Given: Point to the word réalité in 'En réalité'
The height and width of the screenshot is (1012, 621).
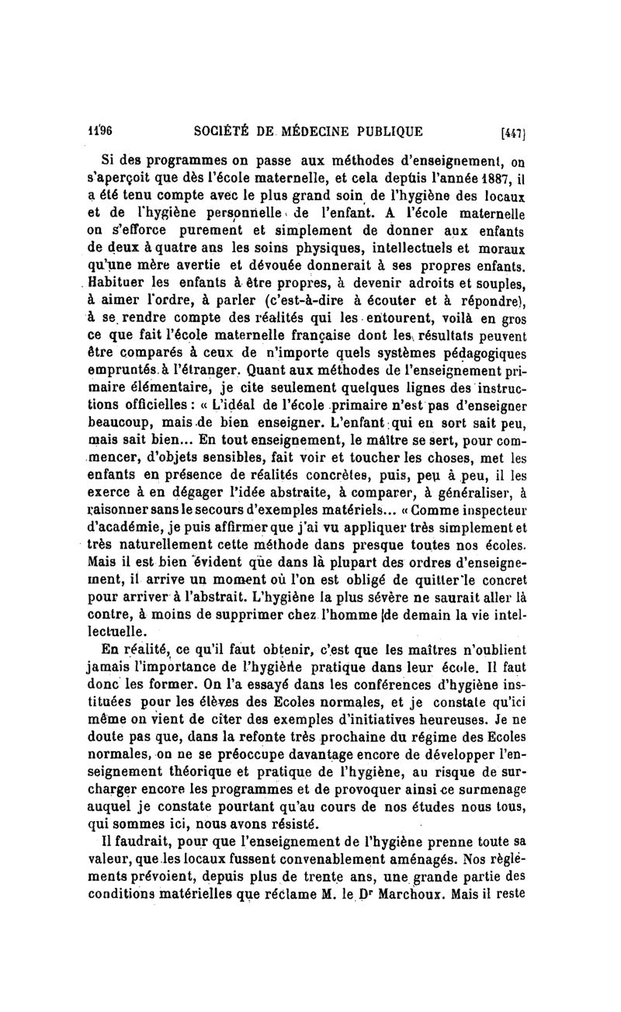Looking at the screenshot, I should click(142, 650).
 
